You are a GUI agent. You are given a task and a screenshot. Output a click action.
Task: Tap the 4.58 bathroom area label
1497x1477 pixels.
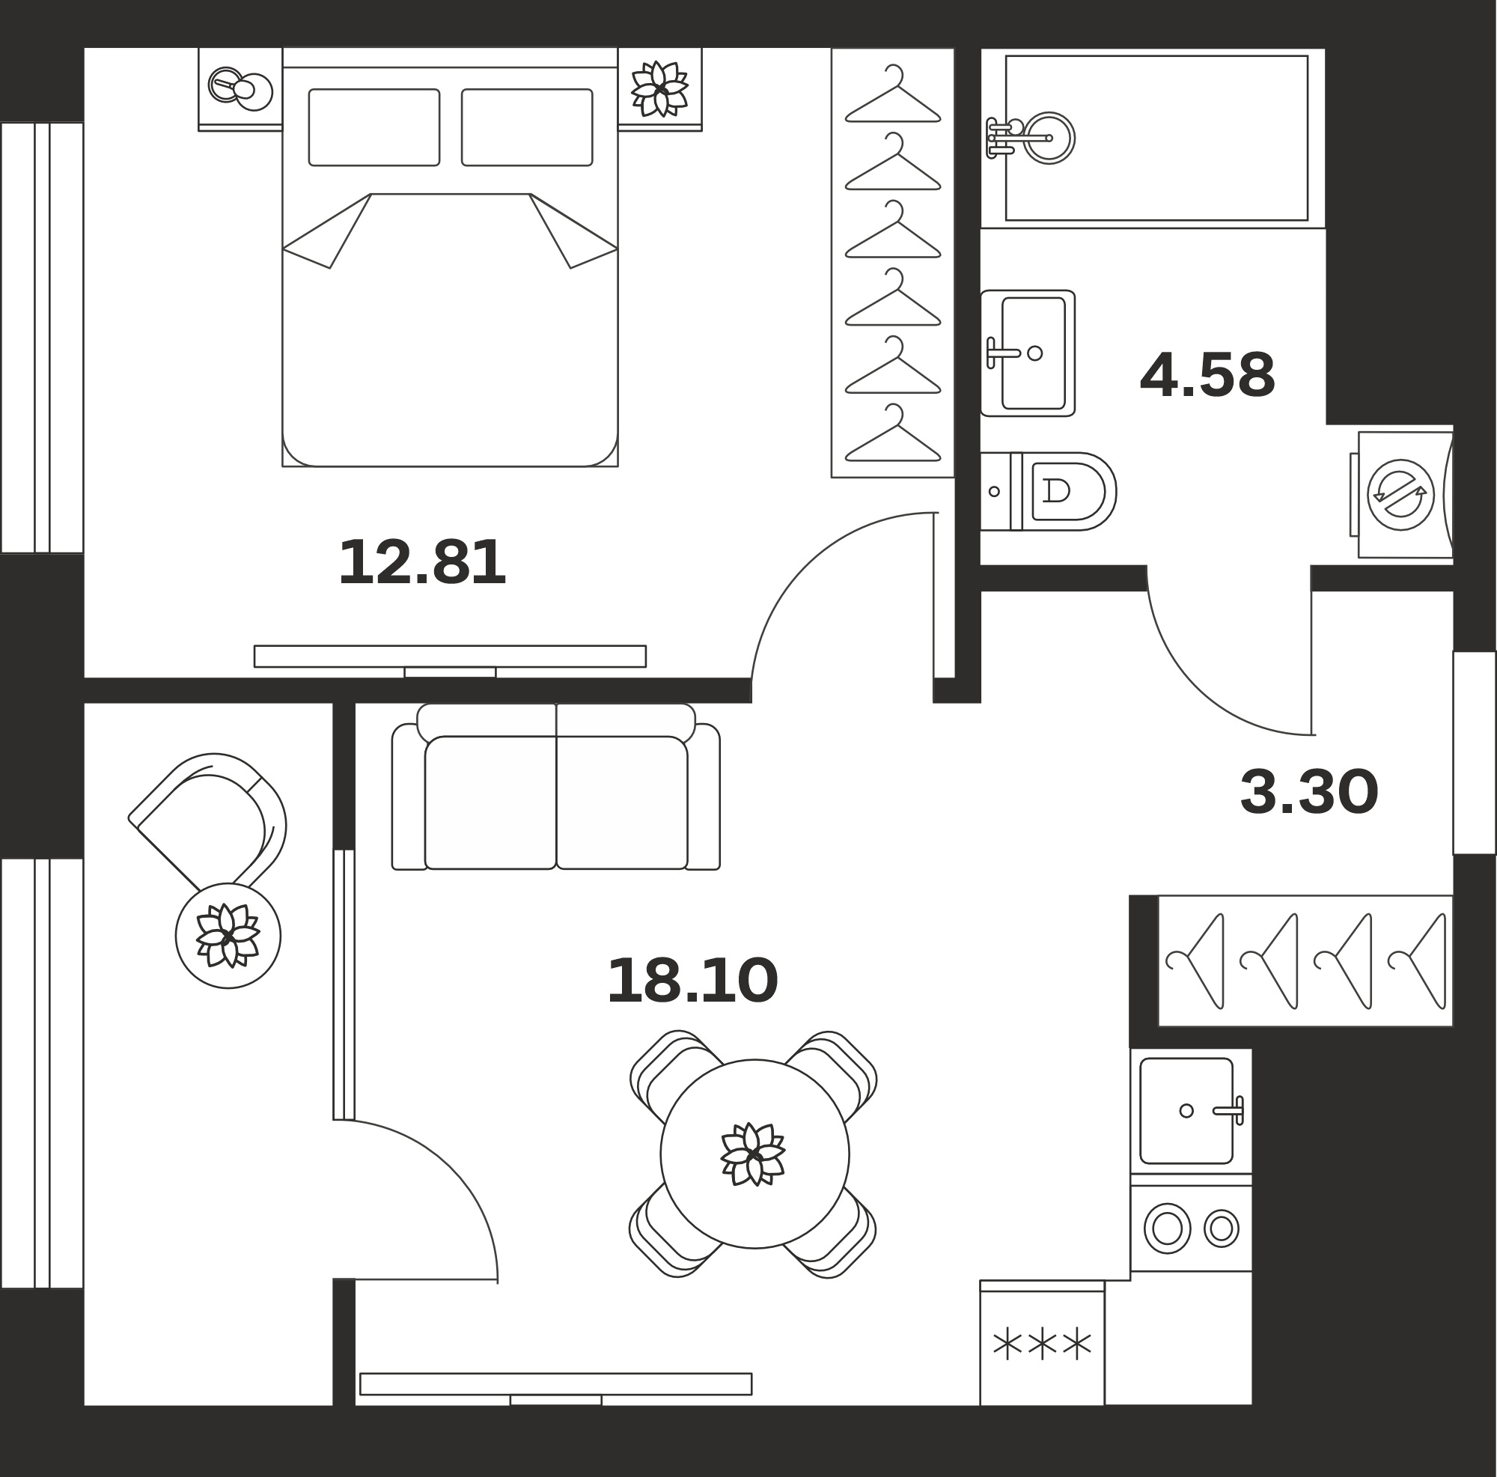(1207, 375)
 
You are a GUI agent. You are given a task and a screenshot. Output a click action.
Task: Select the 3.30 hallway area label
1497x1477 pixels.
(1308, 792)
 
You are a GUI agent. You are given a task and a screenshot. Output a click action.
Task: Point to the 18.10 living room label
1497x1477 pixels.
(692, 981)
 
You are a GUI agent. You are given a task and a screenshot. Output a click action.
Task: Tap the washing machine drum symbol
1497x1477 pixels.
(1400, 494)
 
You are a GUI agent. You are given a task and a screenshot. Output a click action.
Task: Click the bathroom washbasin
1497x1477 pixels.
(1028, 353)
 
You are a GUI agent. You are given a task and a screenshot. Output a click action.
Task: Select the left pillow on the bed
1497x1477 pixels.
(374, 127)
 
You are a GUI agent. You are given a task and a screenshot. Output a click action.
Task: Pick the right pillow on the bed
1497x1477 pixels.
(527, 127)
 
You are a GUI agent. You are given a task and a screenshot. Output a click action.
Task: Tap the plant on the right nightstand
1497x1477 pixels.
(659, 89)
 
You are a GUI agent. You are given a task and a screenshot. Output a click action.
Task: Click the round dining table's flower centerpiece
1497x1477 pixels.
(752, 1154)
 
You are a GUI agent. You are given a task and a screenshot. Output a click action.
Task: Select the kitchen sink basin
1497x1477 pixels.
(1186, 1110)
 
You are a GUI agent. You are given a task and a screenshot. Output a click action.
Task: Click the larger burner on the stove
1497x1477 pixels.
(1167, 1228)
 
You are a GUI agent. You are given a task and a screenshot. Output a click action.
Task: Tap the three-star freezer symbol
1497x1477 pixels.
(1042, 1345)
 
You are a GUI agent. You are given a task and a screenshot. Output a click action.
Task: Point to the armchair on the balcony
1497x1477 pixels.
(207, 821)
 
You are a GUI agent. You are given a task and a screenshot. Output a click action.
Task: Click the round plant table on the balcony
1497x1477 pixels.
(228, 936)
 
